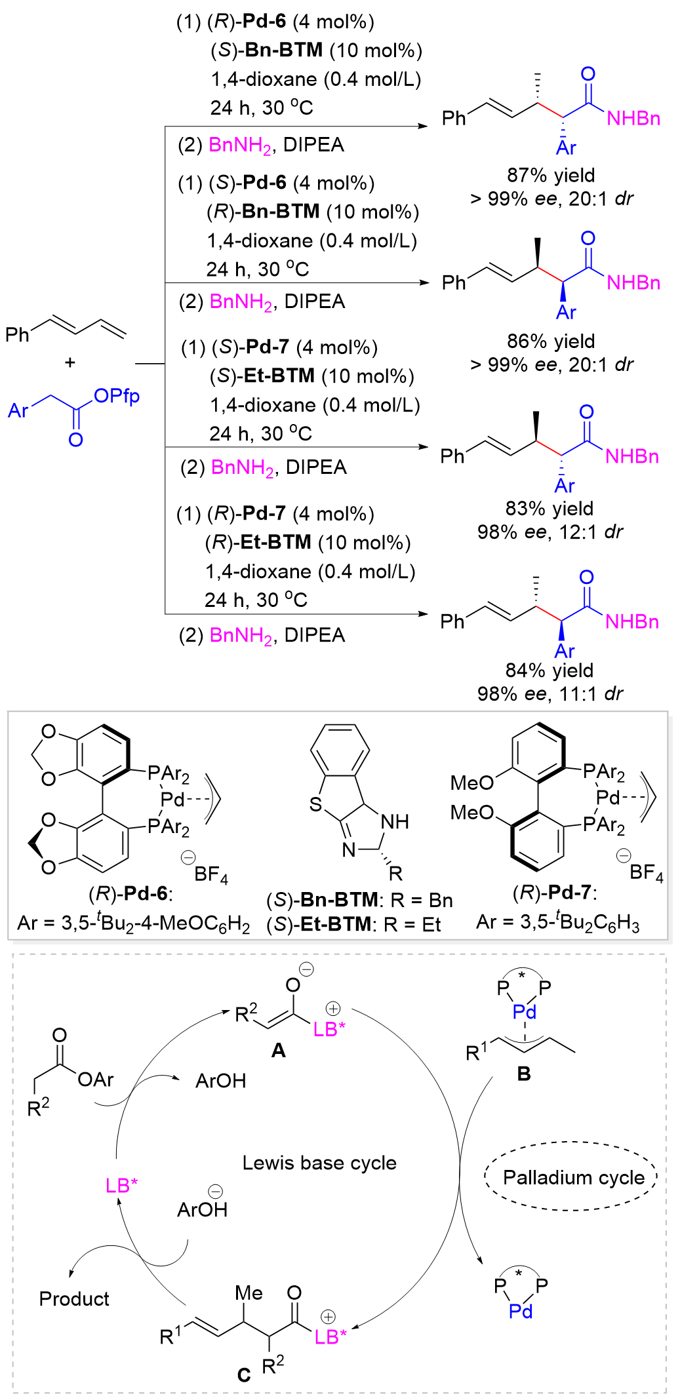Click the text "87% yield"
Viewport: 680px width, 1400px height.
click(550, 175)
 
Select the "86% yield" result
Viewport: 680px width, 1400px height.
click(550, 341)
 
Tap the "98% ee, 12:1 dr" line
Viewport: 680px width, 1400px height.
click(550, 532)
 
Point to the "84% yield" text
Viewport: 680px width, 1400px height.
click(549, 670)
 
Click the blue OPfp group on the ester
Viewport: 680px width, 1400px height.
click(116, 396)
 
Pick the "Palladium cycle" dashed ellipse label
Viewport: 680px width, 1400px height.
click(573, 1178)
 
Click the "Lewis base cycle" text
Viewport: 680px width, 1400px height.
click(319, 1163)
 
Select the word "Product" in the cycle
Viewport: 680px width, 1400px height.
click(74, 1298)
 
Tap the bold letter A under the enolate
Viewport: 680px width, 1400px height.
click(279, 1050)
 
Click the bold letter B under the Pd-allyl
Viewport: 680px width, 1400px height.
click(523, 1074)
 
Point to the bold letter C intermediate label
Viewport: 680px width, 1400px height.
click(243, 1375)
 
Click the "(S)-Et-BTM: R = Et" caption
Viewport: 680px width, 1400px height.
click(353, 924)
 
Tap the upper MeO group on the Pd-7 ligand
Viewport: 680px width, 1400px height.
click(471, 783)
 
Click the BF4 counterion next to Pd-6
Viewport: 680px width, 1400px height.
click(210, 874)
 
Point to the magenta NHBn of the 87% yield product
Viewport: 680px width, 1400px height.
click(633, 119)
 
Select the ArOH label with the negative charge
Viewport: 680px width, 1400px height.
click(202, 1209)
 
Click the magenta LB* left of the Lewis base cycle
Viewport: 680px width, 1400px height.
click(122, 1185)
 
